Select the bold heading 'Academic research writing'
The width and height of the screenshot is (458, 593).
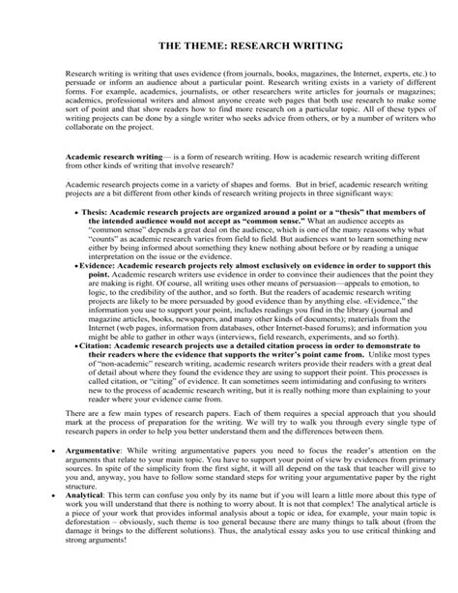pyautogui.click(x=107, y=154)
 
